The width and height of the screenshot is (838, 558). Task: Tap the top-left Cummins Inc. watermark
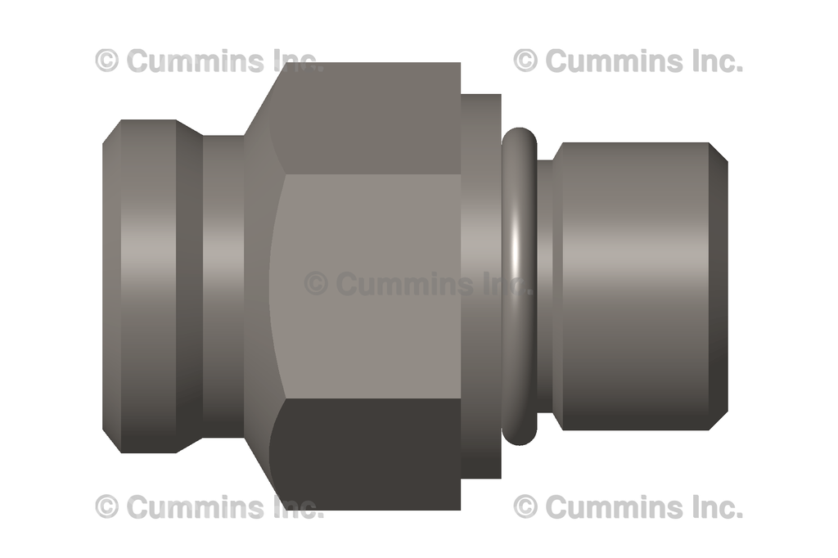pos(209,61)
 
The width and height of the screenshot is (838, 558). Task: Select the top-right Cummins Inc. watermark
pos(628,61)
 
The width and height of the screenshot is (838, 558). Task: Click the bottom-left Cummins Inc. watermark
pos(209,506)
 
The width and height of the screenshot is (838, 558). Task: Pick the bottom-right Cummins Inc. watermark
pos(628,506)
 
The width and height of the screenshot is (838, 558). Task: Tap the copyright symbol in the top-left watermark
pos(106,61)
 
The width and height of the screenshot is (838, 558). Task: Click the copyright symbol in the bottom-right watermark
pos(525,506)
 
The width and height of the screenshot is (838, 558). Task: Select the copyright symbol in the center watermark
pos(316,284)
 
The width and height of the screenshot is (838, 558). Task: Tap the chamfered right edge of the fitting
pos(718,286)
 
